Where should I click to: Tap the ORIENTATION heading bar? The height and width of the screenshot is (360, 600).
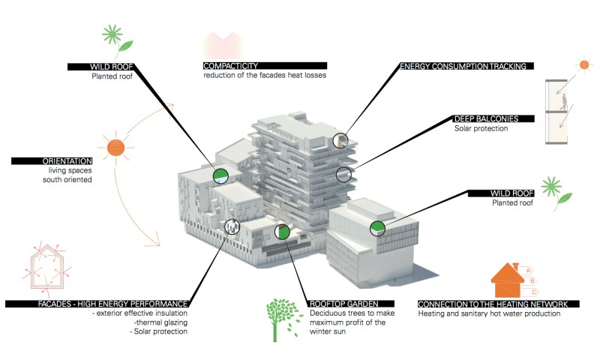point(52,160)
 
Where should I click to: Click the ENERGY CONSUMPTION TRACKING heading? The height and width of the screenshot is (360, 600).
point(466,66)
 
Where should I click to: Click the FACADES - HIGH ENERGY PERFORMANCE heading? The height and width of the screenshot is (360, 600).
point(97,303)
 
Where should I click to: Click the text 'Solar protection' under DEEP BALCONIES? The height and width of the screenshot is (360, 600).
point(481,128)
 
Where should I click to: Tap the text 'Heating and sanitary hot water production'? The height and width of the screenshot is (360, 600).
point(489,313)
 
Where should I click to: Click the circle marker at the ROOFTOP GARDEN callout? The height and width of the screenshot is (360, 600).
point(282,232)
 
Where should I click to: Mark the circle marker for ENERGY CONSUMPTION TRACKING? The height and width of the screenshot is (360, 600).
point(341,139)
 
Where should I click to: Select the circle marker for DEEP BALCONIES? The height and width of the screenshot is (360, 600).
point(343,175)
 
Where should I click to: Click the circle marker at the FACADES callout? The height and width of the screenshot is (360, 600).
point(233,226)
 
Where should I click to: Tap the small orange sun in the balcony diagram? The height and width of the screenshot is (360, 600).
point(582,65)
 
